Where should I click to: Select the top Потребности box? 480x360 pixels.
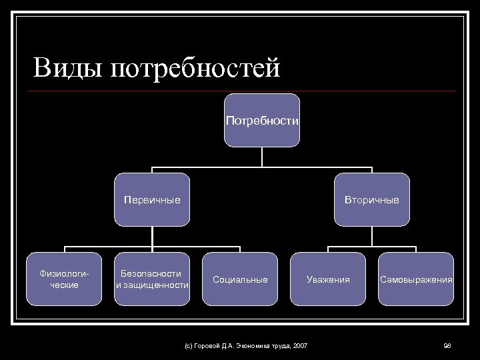coord(262,120)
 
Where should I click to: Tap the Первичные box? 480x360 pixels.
coord(152,199)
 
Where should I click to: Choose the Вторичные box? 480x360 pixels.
coord(371,199)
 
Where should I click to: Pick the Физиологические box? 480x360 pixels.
coord(65,279)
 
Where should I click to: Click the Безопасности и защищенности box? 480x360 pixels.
coord(152,279)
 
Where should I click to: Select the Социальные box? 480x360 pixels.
coord(240,279)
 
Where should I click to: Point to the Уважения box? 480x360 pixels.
coord(328,279)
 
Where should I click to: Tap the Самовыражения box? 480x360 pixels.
coord(416,279)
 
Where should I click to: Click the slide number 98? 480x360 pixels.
coord(447,345)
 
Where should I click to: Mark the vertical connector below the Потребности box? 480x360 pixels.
coord(262,156)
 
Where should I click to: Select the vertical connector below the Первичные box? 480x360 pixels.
coord(152,236)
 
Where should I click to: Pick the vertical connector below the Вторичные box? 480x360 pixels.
coord(371,236)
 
